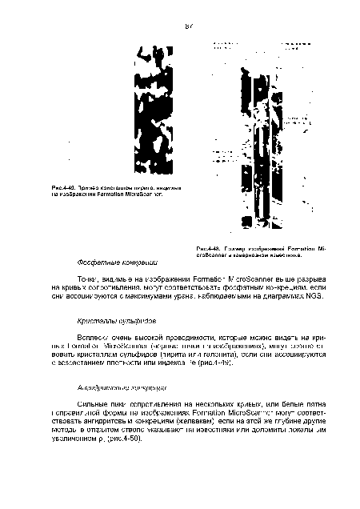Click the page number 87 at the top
190,26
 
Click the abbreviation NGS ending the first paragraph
301,295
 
